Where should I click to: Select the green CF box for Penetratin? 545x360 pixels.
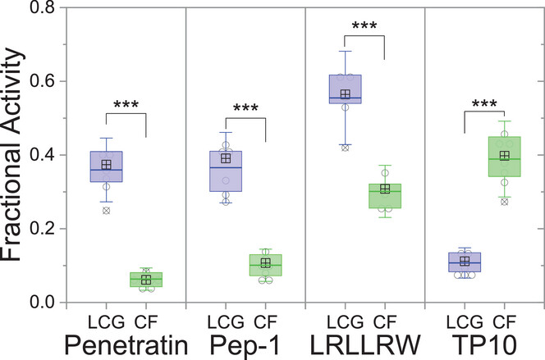click(145, 280)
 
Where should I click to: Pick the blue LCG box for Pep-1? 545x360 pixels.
click(226, 171)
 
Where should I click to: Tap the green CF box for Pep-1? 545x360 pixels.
click(265, 265)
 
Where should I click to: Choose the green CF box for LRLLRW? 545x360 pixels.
click(384, 196)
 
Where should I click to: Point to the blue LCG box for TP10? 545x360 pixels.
click(465, 262)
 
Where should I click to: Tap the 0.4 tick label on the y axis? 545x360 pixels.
click(41, 155)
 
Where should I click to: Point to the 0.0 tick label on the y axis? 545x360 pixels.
click(41, 303)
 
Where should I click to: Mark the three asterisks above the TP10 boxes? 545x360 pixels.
click(484, 105)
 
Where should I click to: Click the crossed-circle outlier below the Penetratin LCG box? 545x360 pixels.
click(106, 211)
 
